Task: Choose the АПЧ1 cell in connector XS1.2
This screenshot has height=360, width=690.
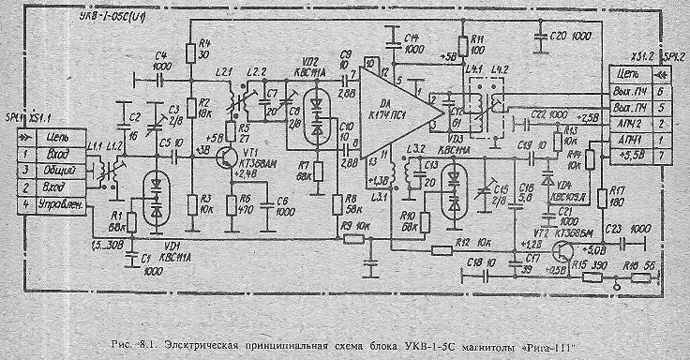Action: (x=630, y=137)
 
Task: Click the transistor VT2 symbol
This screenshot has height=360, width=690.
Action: (x=563, y=250)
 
